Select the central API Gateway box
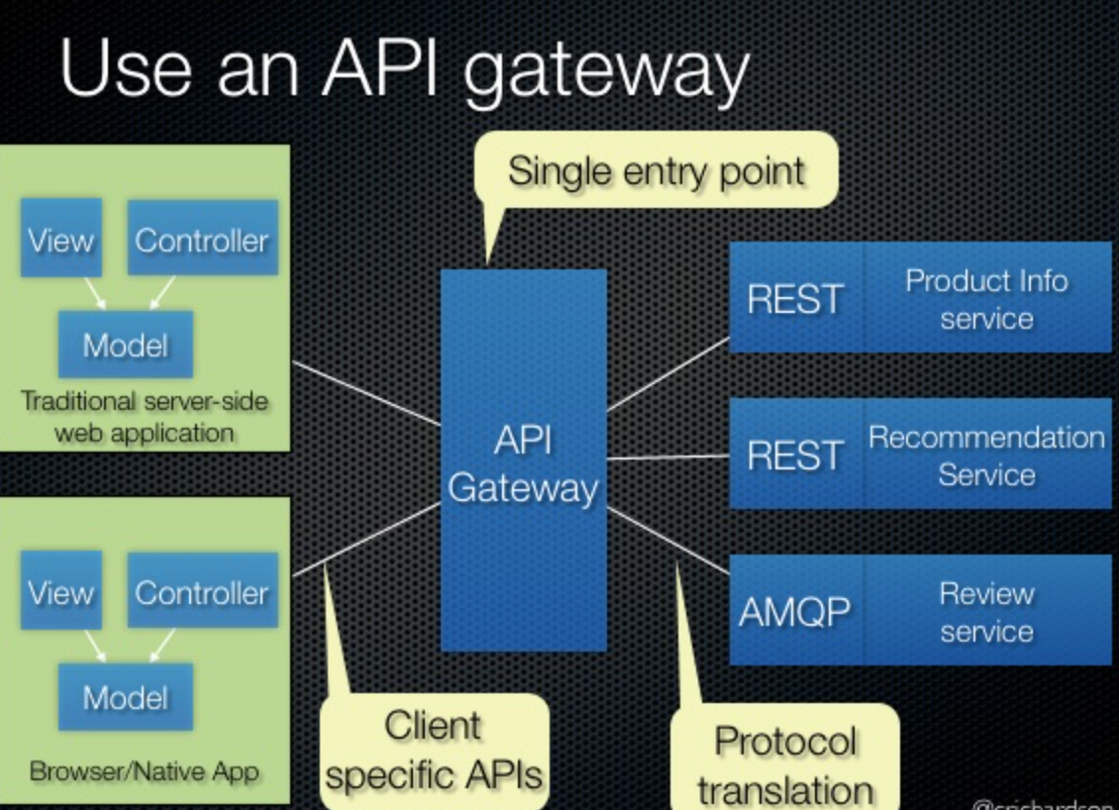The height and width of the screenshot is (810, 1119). (x=523, y=461)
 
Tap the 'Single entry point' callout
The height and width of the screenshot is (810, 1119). (x=656, y=170)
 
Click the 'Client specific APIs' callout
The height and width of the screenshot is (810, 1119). (x=434, y=750)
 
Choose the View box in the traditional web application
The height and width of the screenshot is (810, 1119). (x=61, y=239)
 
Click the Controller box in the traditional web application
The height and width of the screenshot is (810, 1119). (x=202, y=239)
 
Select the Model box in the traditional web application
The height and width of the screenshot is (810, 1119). (x=125, y=344)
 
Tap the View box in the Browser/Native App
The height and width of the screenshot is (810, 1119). (x=61, y=591)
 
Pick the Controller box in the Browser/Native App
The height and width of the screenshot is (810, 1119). (x=202, y=591)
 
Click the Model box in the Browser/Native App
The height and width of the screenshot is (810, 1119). (x=125, y=697)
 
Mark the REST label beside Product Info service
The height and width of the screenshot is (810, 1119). (x=795, y=298)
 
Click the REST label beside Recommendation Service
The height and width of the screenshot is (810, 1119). (x=795, y=455)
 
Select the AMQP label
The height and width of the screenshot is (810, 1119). (x=795, y=611)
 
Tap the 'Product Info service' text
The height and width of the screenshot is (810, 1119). (x=986, y=298)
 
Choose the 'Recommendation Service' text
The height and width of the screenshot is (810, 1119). (x=986, y=455)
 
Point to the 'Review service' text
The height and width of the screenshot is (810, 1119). (x=986, y=611)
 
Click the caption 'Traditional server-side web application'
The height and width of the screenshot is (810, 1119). (x=145, y=417)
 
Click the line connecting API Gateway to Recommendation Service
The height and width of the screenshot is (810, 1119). (x=667, y=457)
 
